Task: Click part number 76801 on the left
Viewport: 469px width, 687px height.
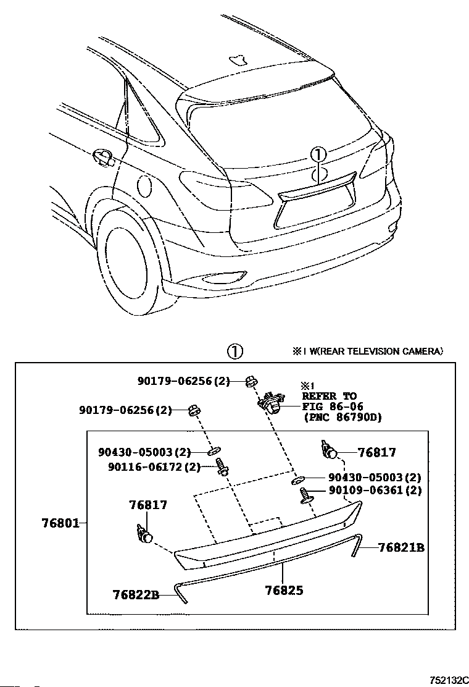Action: click(x=61, y=523)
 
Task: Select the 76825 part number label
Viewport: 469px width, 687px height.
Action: click(x=284, y=590)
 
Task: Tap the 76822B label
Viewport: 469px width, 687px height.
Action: click(x=136, y=594)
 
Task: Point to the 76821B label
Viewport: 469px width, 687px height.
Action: click(x=401, y=547)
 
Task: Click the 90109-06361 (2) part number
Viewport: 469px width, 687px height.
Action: click(x=375, y=490)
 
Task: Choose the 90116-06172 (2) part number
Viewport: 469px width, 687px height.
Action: click(x=154, y=467)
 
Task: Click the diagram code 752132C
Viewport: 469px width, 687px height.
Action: click(x=449, y=680)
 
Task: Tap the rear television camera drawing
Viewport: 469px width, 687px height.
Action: click(x=271, y=402)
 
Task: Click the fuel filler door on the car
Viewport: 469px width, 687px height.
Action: click(x=144, y=187)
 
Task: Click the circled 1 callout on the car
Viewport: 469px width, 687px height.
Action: click(x=318, y=154)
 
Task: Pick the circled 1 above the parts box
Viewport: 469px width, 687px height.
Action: click(x=235, y=352)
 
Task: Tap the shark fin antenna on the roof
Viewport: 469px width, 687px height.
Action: click(x=238, y=59)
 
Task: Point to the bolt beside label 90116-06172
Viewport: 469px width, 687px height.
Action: click(x=222, y=467)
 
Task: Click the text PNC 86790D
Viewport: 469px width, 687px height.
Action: click(x=342, y=416)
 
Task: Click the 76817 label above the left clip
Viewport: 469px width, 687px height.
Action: click(x=148, y=505)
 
